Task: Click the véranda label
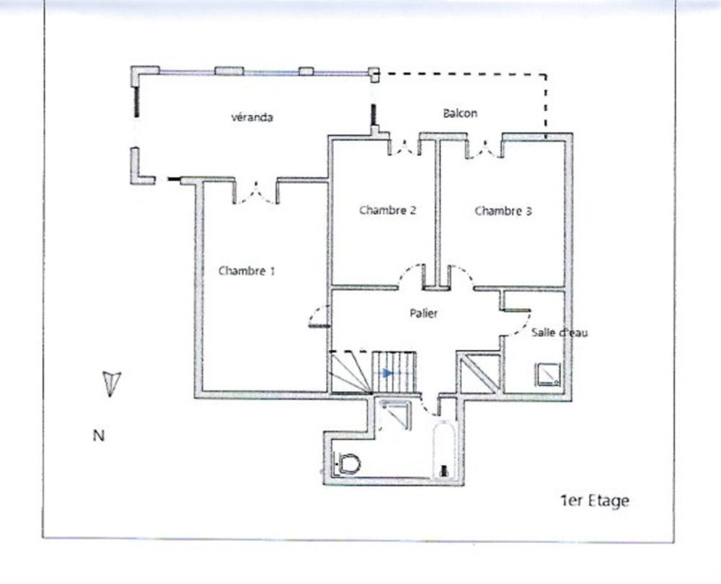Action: click(x=252, y=117)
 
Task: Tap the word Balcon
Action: click(x=459, y=113)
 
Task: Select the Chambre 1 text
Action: click(x=247, y=271)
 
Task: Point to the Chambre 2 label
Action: click(x=388, y=211)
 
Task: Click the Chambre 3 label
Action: click(x=503, y=211)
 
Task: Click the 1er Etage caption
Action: click(x=594, y=501)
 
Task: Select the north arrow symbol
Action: click(x=111, y=383)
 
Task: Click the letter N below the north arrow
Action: click(x=98, y=435)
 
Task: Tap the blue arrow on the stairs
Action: click(x=387, y=373)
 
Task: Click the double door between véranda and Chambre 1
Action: click(x=255, y=192)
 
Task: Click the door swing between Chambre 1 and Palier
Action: click(x=318, y=315)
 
